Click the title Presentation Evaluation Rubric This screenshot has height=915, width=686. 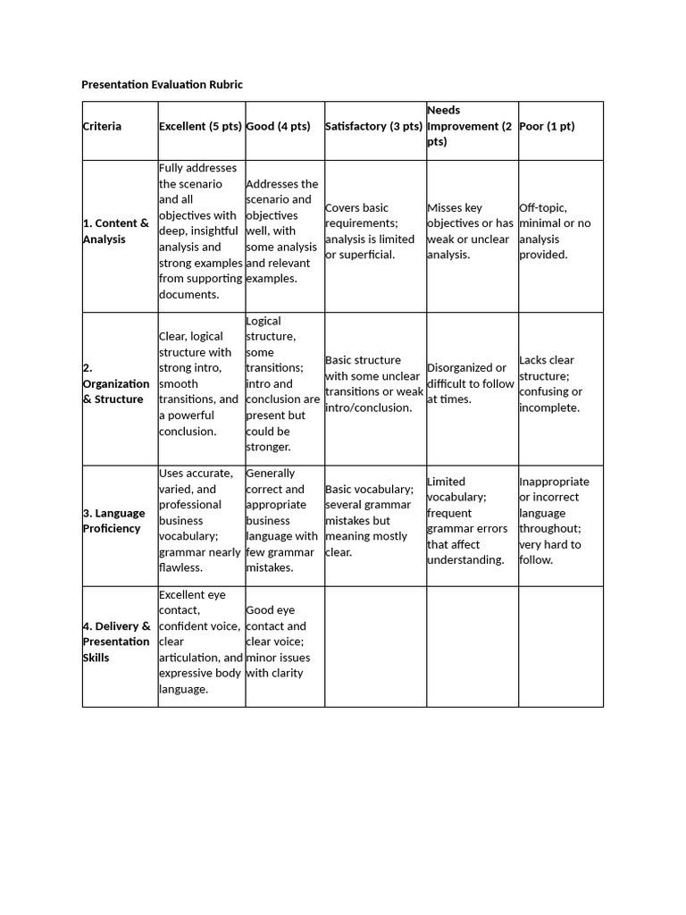tap(162, 84)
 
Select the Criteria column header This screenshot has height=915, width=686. tap(102, 126)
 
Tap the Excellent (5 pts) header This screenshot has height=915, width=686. tap(200, 126)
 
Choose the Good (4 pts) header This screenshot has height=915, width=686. tap(278, 126)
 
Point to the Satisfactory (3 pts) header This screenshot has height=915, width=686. tap(373, 126)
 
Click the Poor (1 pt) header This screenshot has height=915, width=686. tap(547, 126)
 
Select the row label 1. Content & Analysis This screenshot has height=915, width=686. tap(116, 231)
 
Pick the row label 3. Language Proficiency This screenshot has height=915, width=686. tap(114, 520)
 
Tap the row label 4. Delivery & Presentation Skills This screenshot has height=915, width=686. tap(116, 642)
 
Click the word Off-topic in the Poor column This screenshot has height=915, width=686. tap(542, 207)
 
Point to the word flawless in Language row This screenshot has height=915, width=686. tap(180, 567)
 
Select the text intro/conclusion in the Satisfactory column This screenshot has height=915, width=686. tap(368, 407)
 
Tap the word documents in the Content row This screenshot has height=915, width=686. tap(188, 294)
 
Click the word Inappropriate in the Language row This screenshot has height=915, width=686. tap(554, 481)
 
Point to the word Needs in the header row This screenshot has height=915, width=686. tap(444, 110)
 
